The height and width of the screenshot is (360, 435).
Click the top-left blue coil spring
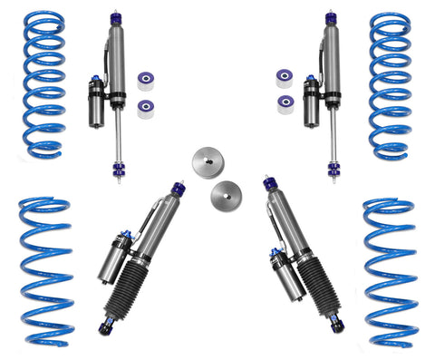point(44,83)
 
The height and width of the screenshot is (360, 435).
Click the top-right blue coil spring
point(391,84)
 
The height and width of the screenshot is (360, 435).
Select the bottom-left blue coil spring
point(45,272)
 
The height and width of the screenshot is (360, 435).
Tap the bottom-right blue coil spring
point(390,272)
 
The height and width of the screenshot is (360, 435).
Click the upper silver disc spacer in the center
point(207,164)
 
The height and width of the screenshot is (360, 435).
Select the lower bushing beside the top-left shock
point(144,109)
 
